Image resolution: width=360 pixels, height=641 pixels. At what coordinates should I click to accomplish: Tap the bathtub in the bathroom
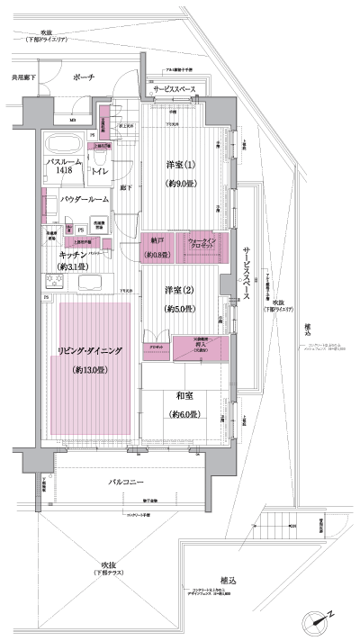click(x=64, y=143)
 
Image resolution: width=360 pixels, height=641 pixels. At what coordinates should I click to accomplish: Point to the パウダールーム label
click(x=85, y=199)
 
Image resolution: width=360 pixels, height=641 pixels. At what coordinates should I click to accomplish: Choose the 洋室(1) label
click(x=181, y=165)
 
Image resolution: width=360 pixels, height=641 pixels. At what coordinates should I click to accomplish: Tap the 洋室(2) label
click(x=180, y=290)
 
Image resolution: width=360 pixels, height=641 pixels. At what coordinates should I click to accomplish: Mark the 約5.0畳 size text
click(x=180, y=309)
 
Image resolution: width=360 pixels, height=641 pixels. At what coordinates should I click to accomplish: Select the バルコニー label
click(x=127, y=483)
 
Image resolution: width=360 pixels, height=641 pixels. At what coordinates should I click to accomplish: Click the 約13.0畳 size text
click(x=90, y=370)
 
